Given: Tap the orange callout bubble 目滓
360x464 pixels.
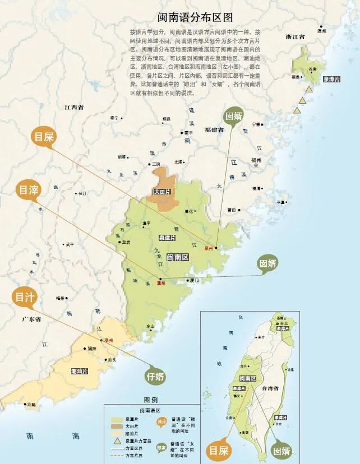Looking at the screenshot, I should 28,190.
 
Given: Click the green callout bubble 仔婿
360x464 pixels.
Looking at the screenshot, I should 155,375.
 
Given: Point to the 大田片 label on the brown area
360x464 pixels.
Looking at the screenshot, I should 162,192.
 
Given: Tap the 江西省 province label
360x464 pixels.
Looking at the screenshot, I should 73,106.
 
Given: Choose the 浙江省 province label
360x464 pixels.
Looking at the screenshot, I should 294,37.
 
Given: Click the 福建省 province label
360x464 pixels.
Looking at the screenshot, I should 214,129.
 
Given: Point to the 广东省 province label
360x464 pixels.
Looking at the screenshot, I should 32,319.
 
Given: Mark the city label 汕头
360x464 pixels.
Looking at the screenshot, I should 112,359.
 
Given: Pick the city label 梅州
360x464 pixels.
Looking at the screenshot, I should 61,298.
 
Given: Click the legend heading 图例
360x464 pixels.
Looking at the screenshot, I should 151,400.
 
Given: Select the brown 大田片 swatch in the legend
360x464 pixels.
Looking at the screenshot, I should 117,426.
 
